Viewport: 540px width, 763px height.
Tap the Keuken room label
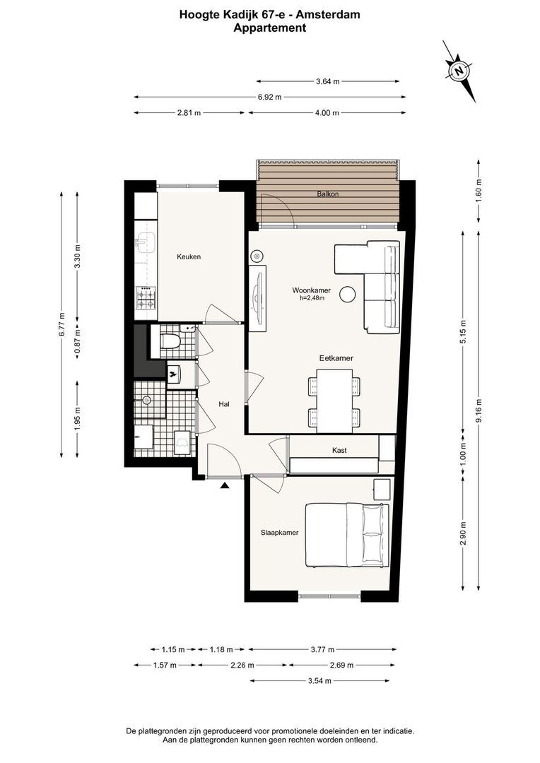pos(189,256)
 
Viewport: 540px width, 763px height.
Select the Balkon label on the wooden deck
pos(328,194)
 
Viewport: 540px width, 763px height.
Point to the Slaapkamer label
pos(279,533)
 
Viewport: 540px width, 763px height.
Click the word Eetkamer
pos(336,358)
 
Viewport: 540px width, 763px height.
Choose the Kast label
pos(339,451)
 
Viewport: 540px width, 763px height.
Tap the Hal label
pos(224,404)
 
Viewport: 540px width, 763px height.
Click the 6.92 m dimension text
pos(270,97)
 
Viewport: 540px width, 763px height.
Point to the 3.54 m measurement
pos(319,681)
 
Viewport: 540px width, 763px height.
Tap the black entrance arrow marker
pos(225,485)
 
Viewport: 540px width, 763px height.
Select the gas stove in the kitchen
pos(146,298)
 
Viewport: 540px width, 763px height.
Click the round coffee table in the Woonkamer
pos(348,294)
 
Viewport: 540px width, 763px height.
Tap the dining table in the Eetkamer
pos(334,401)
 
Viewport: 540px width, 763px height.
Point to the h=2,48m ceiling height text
pos(312,298)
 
